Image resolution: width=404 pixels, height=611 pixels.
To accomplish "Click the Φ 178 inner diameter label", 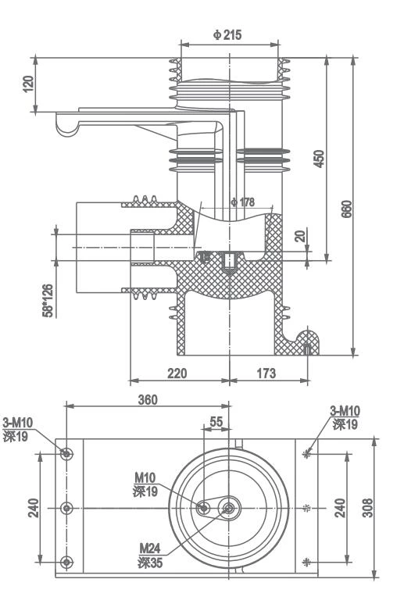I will pos(242,202).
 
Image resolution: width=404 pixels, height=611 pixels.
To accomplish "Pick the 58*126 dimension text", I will pos(48,300).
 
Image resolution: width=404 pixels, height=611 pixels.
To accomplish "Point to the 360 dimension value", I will pos(147,399).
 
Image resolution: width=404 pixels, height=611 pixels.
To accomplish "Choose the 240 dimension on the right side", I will pos(340,508).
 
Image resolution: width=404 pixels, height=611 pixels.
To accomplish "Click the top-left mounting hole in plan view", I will pos(66,453).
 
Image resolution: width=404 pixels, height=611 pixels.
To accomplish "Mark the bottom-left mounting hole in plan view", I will pos(66,561).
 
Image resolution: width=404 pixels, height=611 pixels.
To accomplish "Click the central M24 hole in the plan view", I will pos(229,508).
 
